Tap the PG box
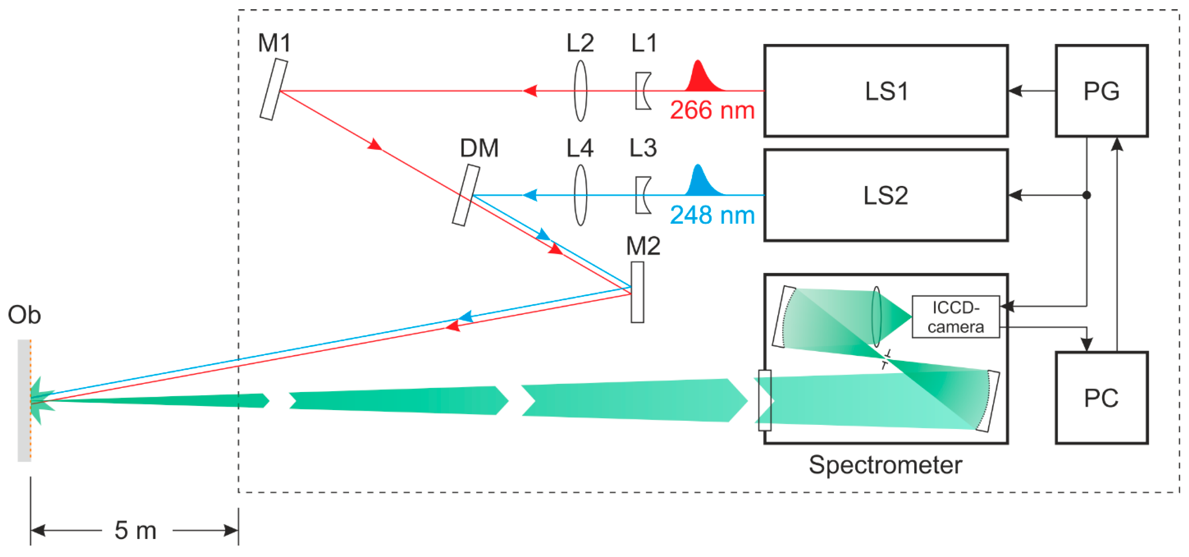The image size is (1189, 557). [1101, 91]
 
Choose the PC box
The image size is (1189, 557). [1101, 398]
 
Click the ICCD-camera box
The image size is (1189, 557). [956, 317]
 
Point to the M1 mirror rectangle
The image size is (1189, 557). [274, 90]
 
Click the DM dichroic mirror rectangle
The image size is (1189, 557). [466, 195]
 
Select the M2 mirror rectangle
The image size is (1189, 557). [637, 292]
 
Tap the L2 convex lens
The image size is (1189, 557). [580, 91]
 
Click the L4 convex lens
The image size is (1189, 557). [580, 195]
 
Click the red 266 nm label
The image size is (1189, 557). [712, 111]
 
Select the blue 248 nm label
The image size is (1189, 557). [712, 215]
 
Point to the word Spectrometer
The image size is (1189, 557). [885, 465]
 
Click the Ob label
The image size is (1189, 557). [24, 315]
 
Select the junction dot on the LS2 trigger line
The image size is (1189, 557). [1086, 195]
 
